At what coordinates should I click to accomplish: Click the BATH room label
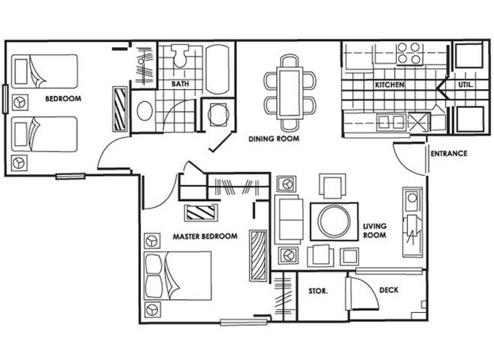tap(180, 84)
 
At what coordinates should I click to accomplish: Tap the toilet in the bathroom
tap(180, 56)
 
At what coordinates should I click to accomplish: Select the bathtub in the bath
tap(217, 69)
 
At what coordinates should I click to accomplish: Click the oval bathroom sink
tap(145, 111)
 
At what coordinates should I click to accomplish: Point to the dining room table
tap(289, 93)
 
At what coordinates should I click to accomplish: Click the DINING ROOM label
tap(274, 139)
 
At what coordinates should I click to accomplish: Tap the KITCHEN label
tap(390, 84)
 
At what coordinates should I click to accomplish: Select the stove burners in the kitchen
tap(409, 53)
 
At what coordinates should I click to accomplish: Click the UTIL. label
tap(465, 84)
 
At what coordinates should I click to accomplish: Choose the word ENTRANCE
tap(448, 154)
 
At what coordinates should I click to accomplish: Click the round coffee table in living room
tap(334, 221)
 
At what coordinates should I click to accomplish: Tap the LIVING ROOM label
tap(374, 231)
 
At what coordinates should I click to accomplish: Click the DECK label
tap(389, 290)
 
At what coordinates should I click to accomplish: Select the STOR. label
tap(318, 291)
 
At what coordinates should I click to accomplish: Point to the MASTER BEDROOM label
tap(205, 236)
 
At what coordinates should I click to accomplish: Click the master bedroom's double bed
tap(177, 276)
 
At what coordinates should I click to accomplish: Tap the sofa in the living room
tap(288, 220)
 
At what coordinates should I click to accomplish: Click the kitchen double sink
tap(391, 123)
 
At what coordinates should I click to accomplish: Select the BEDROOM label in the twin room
tap(63, 99)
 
